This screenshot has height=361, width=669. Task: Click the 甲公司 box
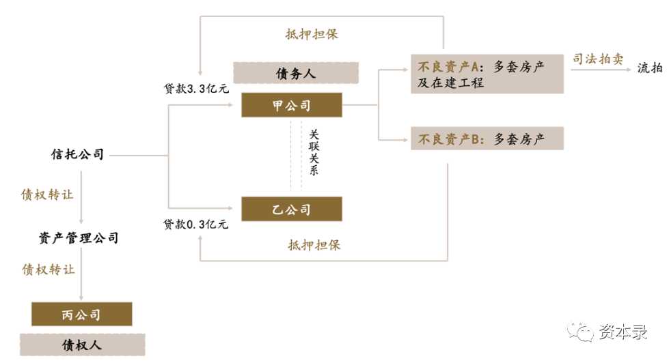pos(291,105)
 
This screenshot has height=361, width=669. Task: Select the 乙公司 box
pos(291,209)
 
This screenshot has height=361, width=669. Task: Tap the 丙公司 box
pos(81,314)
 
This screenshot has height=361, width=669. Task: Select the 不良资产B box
pos(487,139)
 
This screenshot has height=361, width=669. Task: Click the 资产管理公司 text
pos(79,238)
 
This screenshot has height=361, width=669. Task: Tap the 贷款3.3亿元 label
pos(195,89)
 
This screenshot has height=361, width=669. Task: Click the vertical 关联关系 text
pos(314,153)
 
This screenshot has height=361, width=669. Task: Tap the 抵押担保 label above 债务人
pos(312,34)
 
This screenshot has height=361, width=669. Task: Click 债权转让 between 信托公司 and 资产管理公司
pos(47,194)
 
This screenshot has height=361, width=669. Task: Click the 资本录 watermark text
pos(623,333)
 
